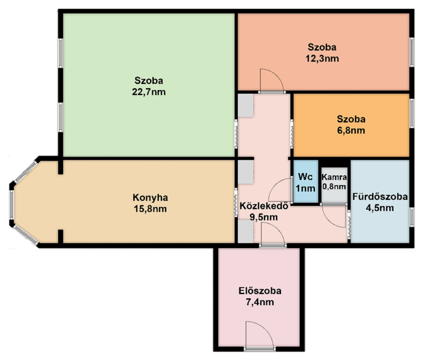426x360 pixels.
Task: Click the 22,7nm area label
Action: (149, 92)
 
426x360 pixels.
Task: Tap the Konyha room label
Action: (150, 198)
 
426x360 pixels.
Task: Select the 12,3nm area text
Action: (322, 59)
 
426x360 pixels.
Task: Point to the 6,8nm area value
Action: (351, 130)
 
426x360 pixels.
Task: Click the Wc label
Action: (305, 177)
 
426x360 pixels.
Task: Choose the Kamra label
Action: (334, 177)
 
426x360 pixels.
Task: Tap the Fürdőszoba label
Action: (380, 197)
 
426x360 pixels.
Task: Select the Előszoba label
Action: (260, 291)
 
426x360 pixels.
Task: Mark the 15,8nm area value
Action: (150, 209)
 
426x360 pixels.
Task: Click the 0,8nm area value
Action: (334, 186)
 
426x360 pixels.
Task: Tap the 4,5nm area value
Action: (380, 208)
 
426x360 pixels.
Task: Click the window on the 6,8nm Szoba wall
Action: (412, 113)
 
